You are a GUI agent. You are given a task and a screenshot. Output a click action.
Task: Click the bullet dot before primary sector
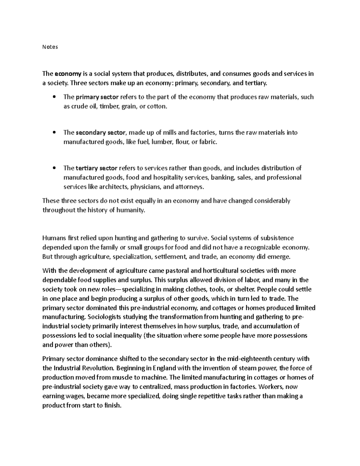point(54,97)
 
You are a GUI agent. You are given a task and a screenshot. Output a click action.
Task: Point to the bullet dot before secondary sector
point(54,132)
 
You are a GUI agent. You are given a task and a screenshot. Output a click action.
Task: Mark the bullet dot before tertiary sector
point(54,168)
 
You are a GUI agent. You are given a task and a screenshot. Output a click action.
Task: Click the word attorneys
point(189,187)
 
